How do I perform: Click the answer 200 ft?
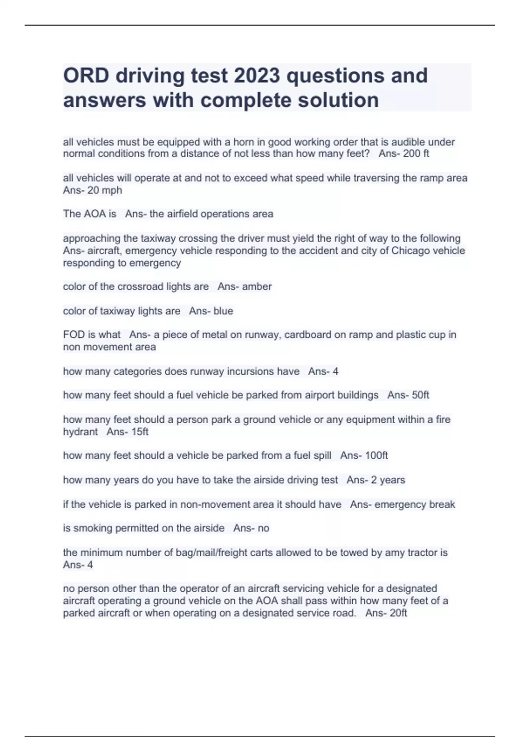[416, 154]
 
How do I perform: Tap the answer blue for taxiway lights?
[223, 311]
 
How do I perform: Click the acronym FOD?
[73, 335]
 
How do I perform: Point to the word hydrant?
[81, 432]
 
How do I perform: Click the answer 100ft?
[376, 456]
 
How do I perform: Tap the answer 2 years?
[388, 480]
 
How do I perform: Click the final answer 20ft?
[398, 613]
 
